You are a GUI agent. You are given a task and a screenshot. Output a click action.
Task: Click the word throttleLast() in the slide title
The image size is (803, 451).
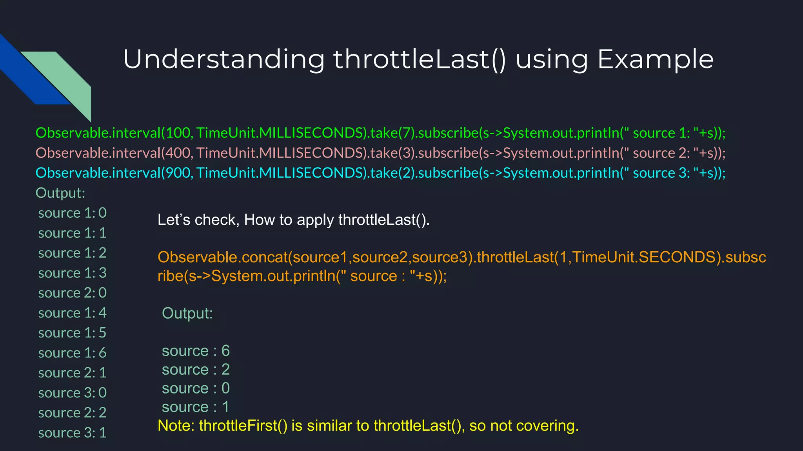click(420, 60)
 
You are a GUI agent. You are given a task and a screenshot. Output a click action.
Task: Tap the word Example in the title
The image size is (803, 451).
click(655, 60)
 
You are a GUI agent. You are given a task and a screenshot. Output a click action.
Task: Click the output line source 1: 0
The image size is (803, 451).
click(72, 213)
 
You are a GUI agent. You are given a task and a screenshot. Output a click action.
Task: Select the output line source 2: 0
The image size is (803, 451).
click(72, 293)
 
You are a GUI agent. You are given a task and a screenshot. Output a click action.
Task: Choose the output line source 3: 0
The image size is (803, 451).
click(72, 393)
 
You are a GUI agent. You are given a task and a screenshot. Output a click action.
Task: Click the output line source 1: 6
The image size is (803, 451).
click(72, 353)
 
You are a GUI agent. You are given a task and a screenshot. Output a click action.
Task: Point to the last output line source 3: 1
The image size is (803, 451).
click(72, 433)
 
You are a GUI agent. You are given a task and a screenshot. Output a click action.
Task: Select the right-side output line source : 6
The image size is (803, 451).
click(195, 351)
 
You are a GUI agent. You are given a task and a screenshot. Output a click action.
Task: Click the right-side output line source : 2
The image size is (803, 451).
click(195, 370)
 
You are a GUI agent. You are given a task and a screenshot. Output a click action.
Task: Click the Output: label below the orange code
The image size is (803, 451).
click(187, 313)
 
